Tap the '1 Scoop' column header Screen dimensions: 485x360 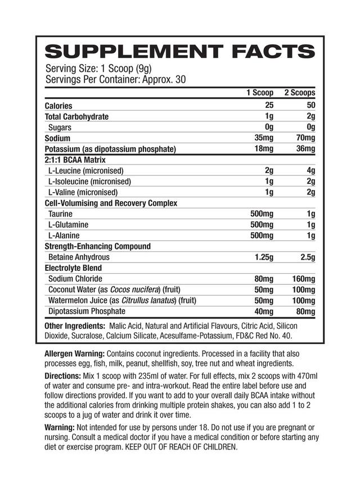coord(260,93)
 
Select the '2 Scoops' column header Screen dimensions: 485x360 coord(299,93)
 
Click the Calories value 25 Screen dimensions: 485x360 coord(268,105)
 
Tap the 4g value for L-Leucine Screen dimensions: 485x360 coord(310,171)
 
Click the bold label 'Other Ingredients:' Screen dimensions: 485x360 coord(75,326)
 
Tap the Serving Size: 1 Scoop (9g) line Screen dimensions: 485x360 coord(96,68)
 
